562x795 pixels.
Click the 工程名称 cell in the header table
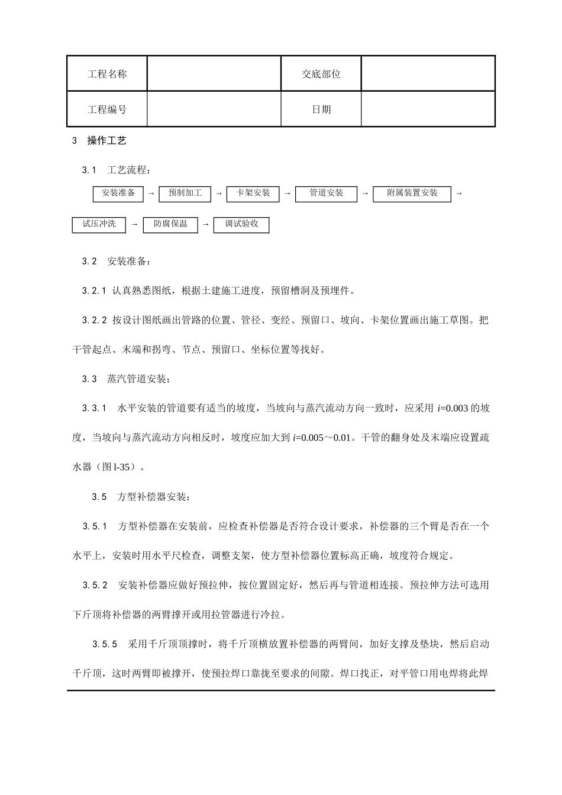point(107,74)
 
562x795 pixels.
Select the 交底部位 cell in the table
point(321,74)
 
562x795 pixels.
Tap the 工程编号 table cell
point(107,109)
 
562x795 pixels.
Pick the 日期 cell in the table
point(321,109)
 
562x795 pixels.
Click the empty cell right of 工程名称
point(214,74)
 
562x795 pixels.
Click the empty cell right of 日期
point(428,109)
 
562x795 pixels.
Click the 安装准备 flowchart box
point(118,194)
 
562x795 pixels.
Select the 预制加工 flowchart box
point(185,194)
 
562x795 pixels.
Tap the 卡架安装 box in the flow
point(253,194)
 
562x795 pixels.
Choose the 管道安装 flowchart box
point(326,194)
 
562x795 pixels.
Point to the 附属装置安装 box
point(412,194)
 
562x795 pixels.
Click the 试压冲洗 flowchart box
point(99,225)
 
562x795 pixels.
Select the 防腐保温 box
point(170,225)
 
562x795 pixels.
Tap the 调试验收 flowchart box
point(241,225)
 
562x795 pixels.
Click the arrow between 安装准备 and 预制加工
point(151,194)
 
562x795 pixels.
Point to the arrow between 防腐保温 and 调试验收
point(206,225)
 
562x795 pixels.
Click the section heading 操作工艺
point(107,141)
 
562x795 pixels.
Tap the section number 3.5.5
point(105,644)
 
